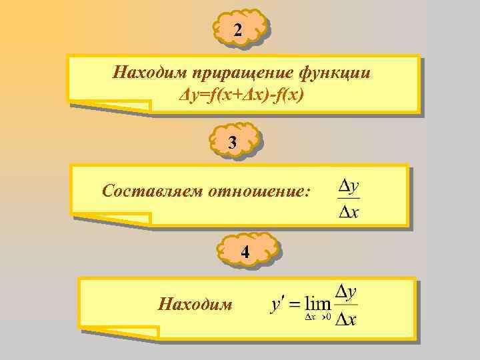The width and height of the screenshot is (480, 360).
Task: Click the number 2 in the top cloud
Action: pos(239,30)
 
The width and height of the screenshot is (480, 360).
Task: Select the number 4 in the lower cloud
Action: pos(245,252)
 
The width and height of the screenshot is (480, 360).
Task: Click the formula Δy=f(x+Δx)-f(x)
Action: pos(242,96)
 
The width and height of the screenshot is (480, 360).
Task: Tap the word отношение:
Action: pos(259,192)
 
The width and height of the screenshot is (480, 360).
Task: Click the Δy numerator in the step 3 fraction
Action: pos(347,184)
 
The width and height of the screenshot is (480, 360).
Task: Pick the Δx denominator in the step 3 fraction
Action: pos(347,211)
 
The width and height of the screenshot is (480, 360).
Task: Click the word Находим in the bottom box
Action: pos(195,305)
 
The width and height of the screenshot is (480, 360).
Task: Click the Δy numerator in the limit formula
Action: pos(346,291)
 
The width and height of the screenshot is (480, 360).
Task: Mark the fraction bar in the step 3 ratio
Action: pos(347,198)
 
